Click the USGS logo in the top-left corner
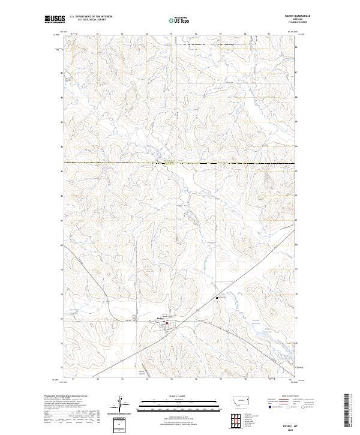coord(55,20)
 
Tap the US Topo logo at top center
coord(179,20)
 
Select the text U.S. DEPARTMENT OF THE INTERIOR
coord(91,17)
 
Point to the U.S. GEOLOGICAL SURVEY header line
coord(91,20)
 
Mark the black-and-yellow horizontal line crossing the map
coord(180,163)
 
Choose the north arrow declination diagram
coord(121,403)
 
